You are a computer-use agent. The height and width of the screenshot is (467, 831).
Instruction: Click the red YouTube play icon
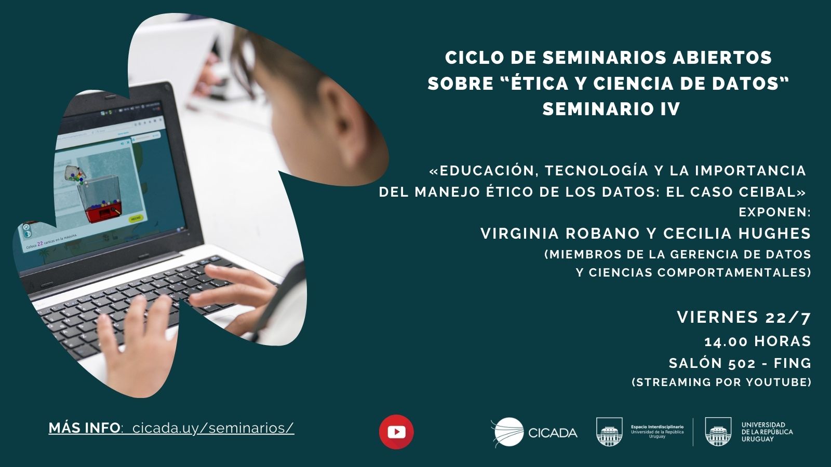click(x=396, y=432)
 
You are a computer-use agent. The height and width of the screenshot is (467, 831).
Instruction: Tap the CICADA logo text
click(x=553, y=433)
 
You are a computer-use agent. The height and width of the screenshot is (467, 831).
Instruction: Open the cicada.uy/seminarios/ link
click(x=213, y=428)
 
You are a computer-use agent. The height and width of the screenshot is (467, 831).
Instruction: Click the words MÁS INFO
click(x=84, y=428)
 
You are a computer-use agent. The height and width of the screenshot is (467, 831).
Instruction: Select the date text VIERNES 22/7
click(x=744, y=317)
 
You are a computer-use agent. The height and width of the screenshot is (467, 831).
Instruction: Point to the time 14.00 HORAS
click(x=757, y=341)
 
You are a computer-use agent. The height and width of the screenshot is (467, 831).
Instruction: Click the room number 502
click(x=742, y=363)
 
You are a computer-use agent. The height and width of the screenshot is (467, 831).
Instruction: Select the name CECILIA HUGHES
click(x=737, y=233)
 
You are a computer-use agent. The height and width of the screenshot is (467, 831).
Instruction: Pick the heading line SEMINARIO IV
click(x=611, y=109)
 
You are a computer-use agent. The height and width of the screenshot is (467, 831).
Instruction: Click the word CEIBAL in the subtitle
click(x=771, y=191)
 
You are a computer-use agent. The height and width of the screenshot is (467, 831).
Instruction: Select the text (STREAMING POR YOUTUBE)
click(x=721, y=382)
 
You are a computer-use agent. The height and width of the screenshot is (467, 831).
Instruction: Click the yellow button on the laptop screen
click(x=136, y=218)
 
